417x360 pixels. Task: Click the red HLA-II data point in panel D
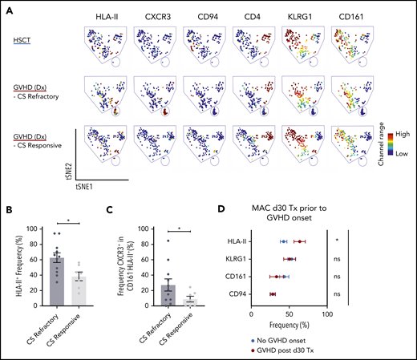(x=299, y=241)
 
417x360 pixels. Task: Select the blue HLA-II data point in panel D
(x=283, y=241)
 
